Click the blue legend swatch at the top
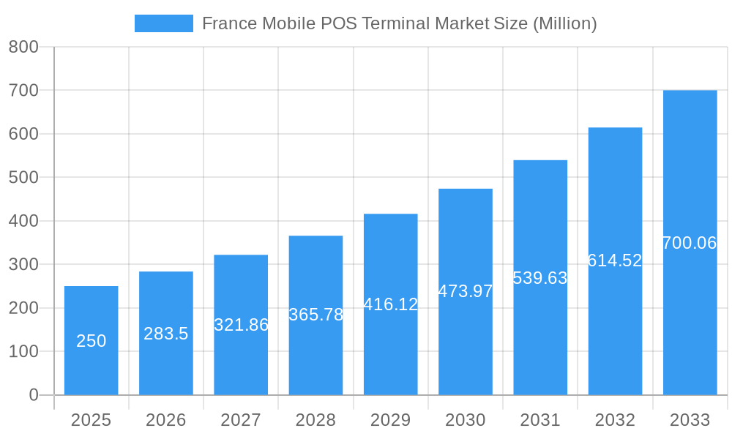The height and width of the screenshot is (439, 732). coord(163,23)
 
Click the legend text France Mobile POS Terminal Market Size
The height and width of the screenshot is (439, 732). coord(399,23)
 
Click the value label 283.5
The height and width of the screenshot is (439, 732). coord(166,334)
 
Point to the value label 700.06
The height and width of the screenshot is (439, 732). coord(690,243)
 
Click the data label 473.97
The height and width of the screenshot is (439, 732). coord(466,291)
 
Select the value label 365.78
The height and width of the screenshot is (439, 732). coord(315,315)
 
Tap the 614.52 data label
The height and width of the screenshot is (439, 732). coord(615,260)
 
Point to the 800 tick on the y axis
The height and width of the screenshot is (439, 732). coord(23,47)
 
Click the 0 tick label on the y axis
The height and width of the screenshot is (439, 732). coord(34,395)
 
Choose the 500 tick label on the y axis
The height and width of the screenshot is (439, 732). coord(23,177)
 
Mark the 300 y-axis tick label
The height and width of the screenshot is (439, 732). coord(23,264)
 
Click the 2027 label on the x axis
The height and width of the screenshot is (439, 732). coord(241,420)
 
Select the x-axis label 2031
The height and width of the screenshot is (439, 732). coord(540,420)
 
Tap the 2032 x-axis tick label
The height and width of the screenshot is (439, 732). coord(615,420)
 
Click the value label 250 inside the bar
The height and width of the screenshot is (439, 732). coord(91,341)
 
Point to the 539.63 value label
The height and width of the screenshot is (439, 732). coord(540,278)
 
